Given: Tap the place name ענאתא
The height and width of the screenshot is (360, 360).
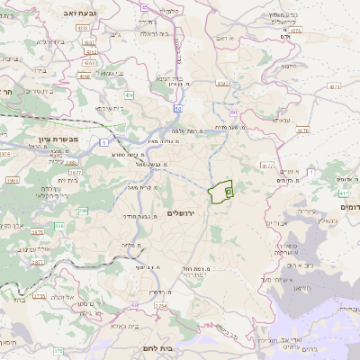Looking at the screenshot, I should [x=281, y=120].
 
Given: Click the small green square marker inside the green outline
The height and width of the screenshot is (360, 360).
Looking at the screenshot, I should [x=228, y=192].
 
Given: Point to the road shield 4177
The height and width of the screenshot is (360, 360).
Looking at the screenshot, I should [x=266, y=166].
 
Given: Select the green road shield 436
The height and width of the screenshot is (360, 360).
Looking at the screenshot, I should [x=130, y=94].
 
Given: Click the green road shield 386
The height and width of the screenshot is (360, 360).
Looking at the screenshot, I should [x=84, y=211].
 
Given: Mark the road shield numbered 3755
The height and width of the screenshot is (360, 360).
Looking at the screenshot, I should [x=39, y=295].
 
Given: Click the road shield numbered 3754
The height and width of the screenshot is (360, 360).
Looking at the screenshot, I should [x=160, y=306].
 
